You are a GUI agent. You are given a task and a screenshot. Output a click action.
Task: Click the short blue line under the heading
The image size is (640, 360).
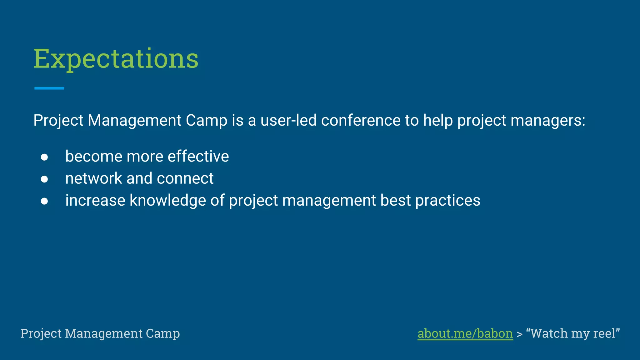pos(49,88)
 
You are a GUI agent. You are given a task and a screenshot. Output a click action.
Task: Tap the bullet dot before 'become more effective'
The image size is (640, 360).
pos(44,157)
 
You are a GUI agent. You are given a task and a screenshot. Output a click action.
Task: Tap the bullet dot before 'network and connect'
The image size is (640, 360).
pos(44,179)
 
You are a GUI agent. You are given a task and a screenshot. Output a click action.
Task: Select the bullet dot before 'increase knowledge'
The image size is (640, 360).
pos(44,201)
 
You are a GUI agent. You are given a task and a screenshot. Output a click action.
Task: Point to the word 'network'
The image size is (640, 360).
pos(93,178)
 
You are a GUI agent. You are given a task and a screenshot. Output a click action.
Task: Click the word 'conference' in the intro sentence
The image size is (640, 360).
pos(361,120)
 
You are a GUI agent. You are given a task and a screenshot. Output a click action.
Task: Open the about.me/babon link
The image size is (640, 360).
pos(465,333)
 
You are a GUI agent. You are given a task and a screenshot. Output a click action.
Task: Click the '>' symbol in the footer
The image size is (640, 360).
pos(519,334)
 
